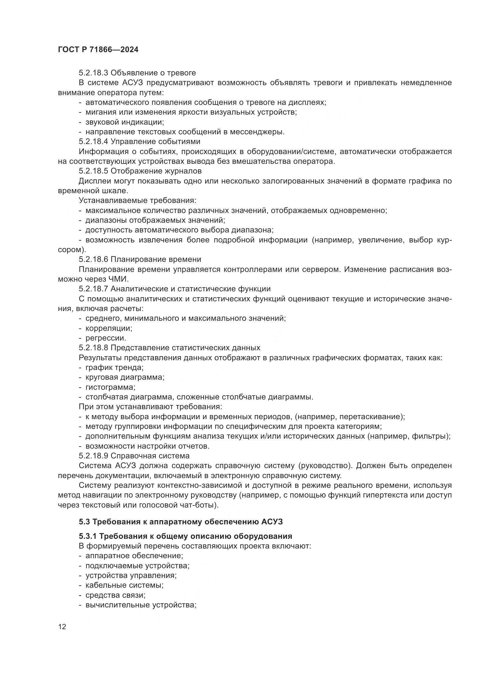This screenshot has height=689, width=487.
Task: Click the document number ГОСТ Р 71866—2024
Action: [x=98, y=50]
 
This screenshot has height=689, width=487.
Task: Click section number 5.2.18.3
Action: [x=94, y=73]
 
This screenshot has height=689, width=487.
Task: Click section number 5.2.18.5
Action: [x=94, y=171]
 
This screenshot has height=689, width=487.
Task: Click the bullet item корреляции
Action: [x=109, y=328]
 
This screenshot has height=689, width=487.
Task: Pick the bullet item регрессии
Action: [x=106, y=338]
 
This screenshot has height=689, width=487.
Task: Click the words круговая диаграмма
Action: [x=125, y=378]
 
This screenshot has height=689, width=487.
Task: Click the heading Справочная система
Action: [x=150, y=456]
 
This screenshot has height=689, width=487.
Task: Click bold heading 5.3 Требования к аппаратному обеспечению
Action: [x=181, y=522]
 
